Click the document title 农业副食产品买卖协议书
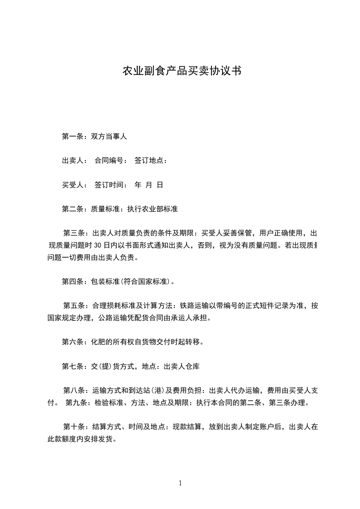tap(182, 71)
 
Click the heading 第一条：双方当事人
tap(94, 136)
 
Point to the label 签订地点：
tap(151, 160)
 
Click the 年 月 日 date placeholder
tap(149, 185)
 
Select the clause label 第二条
tap(72, 209)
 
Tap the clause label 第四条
tap(72, 282)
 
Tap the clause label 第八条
tap(73, 391)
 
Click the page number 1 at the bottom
tap(180, 483)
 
